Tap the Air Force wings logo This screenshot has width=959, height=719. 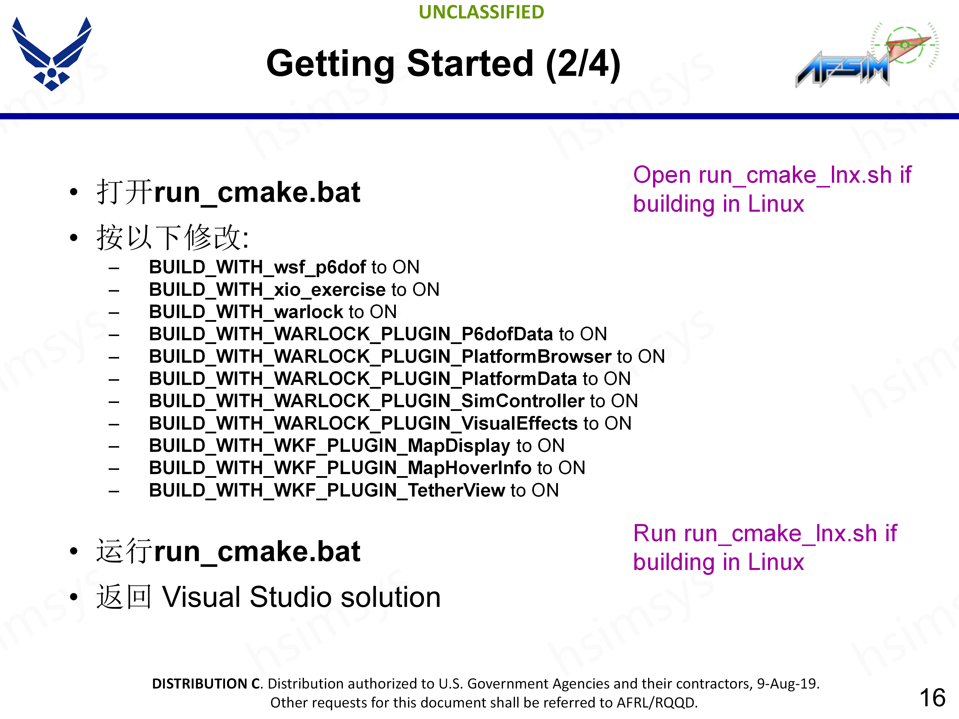point(52,53)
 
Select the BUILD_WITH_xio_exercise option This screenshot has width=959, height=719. point(267,290)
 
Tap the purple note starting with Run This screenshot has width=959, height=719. point(765,547)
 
